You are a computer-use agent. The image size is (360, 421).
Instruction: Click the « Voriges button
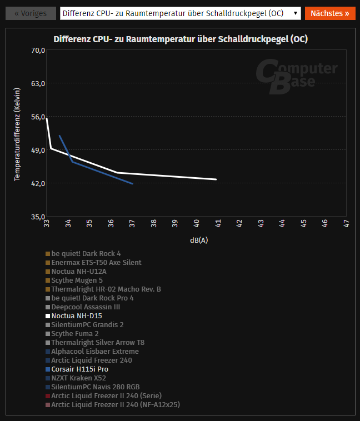[31, 13]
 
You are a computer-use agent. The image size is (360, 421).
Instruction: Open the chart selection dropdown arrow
[295, 13]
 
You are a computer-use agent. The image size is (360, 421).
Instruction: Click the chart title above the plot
[181, 39]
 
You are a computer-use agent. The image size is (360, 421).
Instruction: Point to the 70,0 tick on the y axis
[38, 51]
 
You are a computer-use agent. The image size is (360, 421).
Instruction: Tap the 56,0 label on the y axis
[38, 117]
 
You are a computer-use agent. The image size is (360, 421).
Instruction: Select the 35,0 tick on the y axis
[38, 217]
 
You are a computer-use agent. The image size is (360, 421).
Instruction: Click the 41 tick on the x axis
[218, 223]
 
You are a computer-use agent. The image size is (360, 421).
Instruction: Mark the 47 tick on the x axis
[346, 223]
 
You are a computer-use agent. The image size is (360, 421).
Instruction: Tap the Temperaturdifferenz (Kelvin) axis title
[17, 134]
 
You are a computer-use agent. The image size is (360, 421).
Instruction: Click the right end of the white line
[216, 179]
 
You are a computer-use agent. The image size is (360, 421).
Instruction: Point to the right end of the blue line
[132, 183]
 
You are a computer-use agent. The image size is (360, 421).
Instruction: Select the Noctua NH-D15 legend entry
[77, 316]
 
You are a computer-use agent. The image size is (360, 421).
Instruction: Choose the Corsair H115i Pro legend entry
[79, 369]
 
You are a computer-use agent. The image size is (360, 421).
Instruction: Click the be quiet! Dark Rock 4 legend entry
[86, 254]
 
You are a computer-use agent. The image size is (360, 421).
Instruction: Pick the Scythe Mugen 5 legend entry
[77, 280]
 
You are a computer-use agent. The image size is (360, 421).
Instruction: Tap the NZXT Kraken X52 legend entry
[78, 378]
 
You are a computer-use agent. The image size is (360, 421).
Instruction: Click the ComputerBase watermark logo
[296, 77]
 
